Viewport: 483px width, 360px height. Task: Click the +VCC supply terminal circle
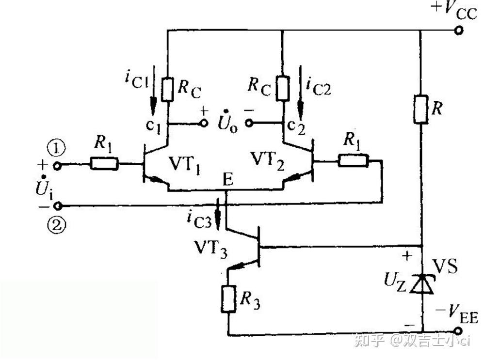[459, 31]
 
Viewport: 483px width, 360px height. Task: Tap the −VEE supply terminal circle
[458, 331]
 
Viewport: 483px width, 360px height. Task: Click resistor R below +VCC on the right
[421, 110]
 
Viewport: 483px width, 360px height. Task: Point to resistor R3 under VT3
[228, 299]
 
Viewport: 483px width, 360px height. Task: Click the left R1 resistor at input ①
[104, 163]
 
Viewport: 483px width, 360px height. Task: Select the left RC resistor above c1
[167, 90]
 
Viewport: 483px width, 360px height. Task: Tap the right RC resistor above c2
[283, 88]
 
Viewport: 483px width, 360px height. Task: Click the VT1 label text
[185, 164]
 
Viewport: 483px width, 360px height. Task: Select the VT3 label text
[210, 248]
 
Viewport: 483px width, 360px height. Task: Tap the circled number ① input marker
[56, 149]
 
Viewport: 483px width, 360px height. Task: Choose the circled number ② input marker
[57, 225]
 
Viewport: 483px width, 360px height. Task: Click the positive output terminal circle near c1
[204, 124]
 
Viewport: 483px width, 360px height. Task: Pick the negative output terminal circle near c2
[249, 124]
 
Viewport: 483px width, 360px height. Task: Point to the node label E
[228, 179]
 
